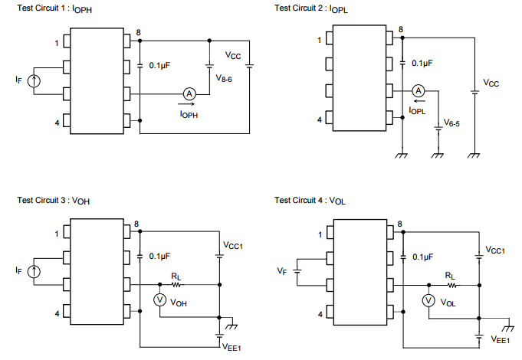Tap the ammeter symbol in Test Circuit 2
pos(418,90)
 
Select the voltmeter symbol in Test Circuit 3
pos(160,300)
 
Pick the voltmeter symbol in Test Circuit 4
pos(428,301)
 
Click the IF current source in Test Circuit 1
pos(33,80)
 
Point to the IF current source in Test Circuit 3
pos(33,271)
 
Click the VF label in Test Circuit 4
pos(281,271)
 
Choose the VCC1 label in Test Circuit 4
pos(494,250)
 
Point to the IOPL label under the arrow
pos(418,111)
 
